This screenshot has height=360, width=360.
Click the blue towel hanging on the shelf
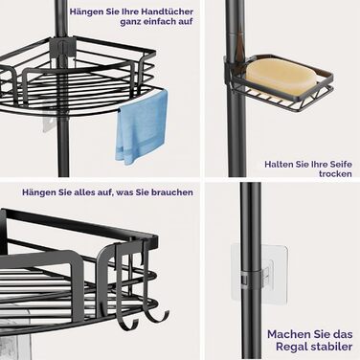[141, 127]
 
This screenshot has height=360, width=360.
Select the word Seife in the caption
[343, 165]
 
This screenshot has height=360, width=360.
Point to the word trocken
[335, 174]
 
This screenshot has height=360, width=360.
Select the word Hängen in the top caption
[82, 12]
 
